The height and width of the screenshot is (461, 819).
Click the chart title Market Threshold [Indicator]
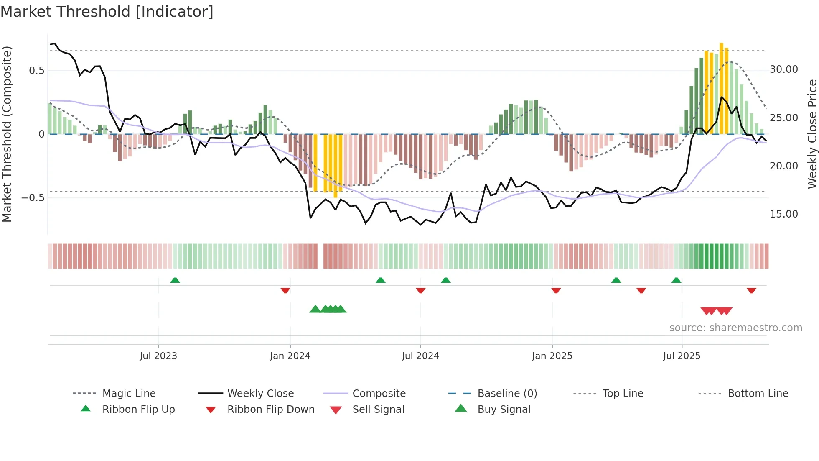click(x=107, y=12)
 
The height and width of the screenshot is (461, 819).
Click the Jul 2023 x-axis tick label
click(x=158, y=356)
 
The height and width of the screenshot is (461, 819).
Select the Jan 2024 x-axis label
click(x=290, y=356)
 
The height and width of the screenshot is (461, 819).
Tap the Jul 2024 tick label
click(x=420, y=356)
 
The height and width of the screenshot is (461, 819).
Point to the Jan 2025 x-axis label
click(x=552, y=356)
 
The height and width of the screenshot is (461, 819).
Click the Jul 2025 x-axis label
click(x=682, y=356)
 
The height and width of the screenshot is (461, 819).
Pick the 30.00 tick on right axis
click(x=783, y=69)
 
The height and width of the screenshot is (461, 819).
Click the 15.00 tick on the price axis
click(x=783, y=214)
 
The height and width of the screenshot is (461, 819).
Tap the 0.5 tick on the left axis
click(x=37, y=70)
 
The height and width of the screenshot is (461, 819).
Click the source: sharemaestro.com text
click(x=735, y=328)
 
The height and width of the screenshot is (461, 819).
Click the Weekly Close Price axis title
click(x=812, y=134)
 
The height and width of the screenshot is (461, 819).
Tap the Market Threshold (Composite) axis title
click(x=7, y=134)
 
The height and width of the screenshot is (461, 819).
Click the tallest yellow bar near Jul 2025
click(x=721, y=88)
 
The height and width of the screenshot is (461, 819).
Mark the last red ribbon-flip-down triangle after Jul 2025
click(x=751, y=290)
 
